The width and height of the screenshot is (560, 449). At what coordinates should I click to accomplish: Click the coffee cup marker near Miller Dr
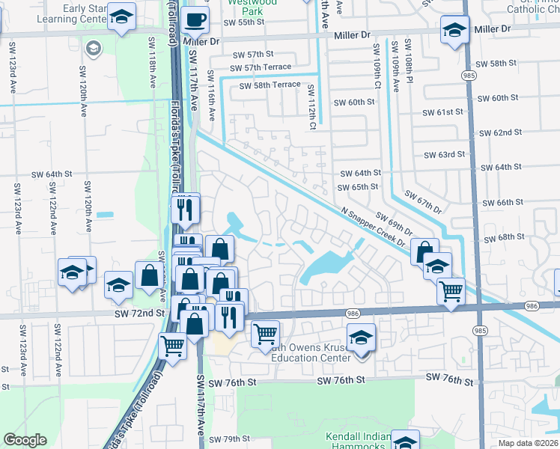coord(195,20)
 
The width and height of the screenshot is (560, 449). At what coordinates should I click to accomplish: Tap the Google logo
coord(25,440)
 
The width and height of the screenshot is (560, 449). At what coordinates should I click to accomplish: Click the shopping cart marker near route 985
coord(451,291)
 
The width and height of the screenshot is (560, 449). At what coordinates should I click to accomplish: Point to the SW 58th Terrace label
coord(270,86)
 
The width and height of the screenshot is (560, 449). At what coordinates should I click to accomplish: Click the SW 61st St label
coord(443,112)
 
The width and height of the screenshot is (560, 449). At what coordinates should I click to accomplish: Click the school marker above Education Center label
coord(361,337)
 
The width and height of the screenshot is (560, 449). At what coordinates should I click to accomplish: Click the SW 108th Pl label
coord(410,60)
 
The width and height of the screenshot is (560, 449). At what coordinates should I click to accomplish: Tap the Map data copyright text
coord(527,443)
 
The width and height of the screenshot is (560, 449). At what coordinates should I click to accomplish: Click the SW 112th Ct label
coord(310,106)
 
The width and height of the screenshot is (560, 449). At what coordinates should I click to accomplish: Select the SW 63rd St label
coord(444,155)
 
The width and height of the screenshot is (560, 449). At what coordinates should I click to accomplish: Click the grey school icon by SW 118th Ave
coord(93,49)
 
